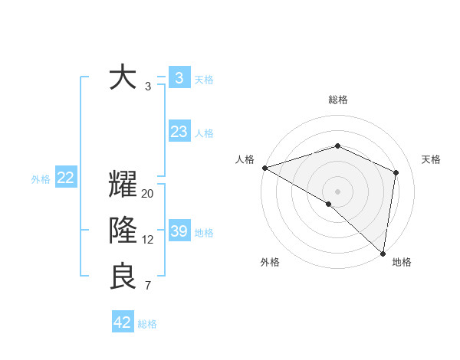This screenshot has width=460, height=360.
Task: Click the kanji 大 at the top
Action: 123,78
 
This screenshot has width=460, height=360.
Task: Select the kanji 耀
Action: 123,186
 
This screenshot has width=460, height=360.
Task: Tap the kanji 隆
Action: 123,231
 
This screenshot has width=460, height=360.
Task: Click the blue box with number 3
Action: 179,77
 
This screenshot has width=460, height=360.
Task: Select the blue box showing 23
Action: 179,132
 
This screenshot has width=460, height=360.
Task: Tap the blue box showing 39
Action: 179,231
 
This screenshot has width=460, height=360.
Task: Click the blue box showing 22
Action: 65,178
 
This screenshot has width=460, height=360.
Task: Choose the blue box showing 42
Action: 123,322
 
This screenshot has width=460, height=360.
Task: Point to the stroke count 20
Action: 148,194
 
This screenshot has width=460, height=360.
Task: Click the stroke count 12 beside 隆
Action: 148,240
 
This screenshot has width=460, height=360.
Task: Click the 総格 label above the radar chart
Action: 337,100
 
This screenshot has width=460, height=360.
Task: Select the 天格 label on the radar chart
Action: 431,159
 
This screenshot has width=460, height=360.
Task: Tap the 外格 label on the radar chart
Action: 270,262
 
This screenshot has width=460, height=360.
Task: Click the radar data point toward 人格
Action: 264,168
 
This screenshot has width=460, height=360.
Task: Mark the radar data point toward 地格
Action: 383,252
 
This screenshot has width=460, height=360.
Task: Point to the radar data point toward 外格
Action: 329,204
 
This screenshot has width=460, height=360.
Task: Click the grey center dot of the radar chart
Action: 337,191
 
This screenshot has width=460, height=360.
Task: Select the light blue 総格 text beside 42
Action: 147,324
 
